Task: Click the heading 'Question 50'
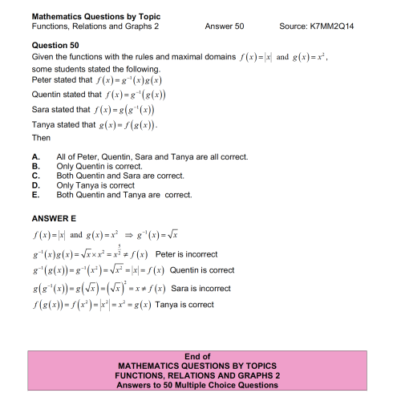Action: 56,46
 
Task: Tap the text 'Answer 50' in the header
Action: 225,26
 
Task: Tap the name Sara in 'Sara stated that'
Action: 42,110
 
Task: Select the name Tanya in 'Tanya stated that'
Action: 44,125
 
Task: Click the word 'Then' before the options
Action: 41,138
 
